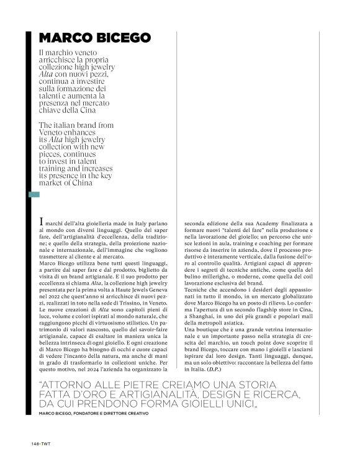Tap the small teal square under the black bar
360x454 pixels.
pos(34,195)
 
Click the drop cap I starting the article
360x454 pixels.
pos(41,223)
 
